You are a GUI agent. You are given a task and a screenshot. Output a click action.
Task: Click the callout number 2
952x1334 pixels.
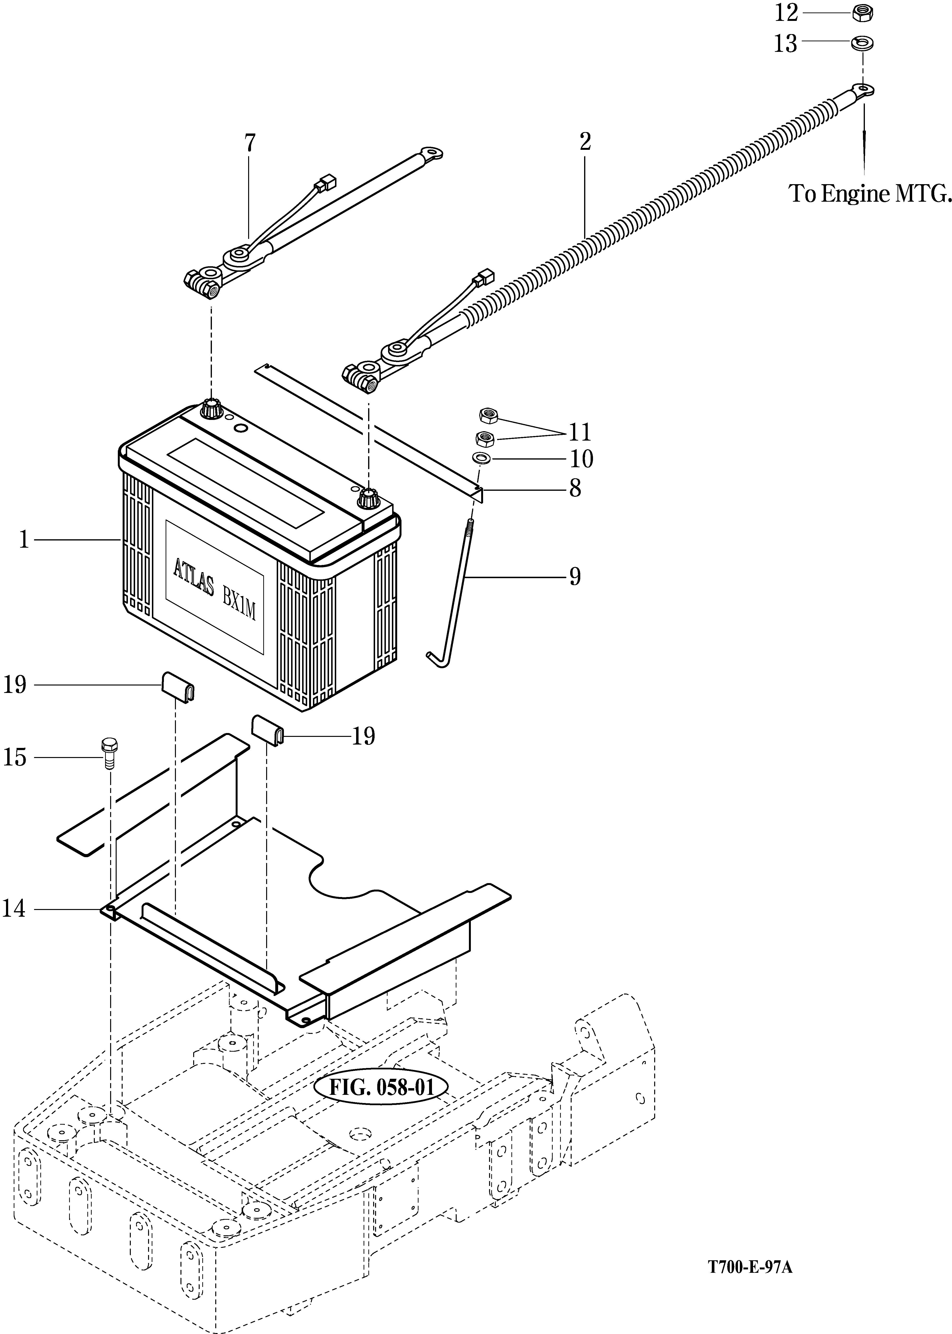(585, 141)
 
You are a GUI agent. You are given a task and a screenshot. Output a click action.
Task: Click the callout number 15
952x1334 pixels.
(15, 758)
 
